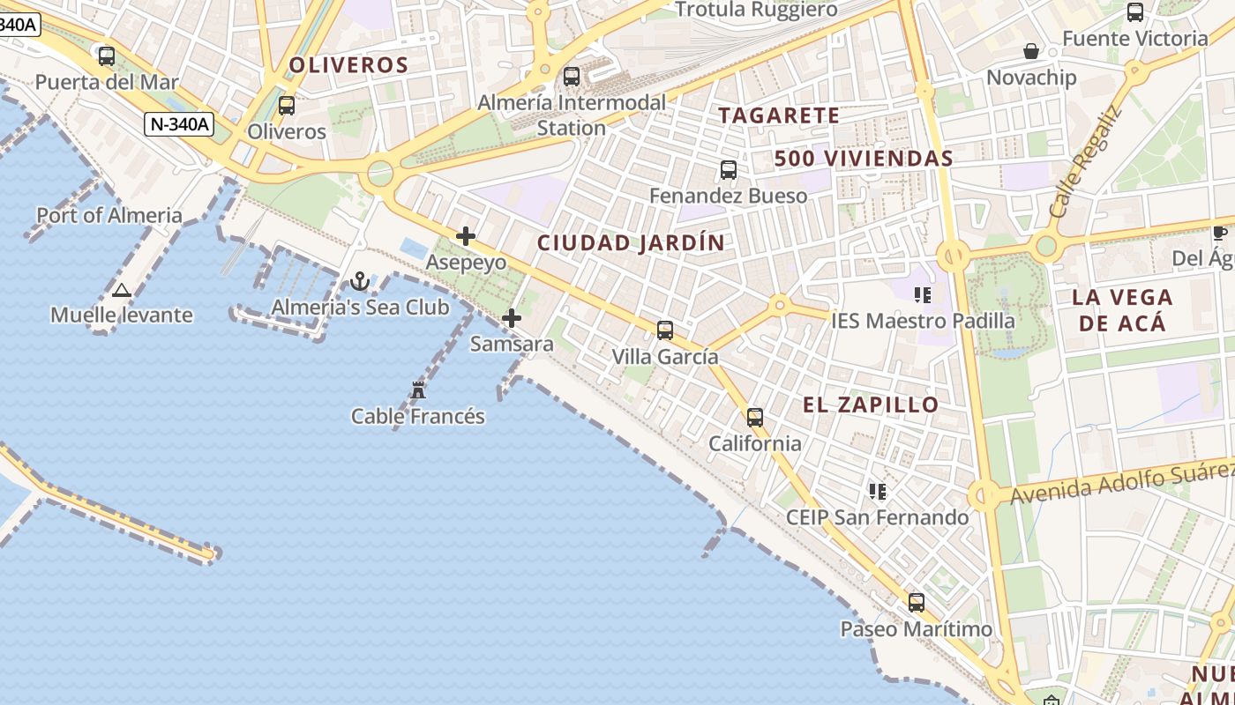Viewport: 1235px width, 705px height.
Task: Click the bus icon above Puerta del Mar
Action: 107,56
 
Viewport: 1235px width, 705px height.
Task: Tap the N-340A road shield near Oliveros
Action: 179,124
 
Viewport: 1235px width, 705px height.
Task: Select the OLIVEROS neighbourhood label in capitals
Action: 348,65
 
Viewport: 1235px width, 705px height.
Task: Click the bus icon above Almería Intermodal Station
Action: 572,77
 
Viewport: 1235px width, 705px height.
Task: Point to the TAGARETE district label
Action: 778,115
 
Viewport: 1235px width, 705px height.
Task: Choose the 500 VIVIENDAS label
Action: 864,159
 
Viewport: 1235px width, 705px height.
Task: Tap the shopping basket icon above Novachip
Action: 1030,52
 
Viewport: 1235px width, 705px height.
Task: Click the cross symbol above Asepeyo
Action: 466,236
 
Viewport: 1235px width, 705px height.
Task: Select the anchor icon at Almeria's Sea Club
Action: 359,281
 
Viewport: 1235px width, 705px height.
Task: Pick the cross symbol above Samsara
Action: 512,318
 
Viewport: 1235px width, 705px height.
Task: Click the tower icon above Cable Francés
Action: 418,390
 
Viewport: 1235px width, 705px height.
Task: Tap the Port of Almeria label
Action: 109,215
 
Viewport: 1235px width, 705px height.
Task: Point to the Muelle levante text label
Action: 122,315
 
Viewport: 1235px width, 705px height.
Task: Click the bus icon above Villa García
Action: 665,330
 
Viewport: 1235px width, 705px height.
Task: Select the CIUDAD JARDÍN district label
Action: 631,243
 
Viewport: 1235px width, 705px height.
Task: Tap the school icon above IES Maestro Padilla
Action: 923,295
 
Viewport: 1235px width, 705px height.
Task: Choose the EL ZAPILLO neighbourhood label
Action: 871,405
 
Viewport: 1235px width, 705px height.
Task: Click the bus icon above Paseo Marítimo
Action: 917,603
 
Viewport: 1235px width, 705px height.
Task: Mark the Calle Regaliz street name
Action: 1085,164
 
